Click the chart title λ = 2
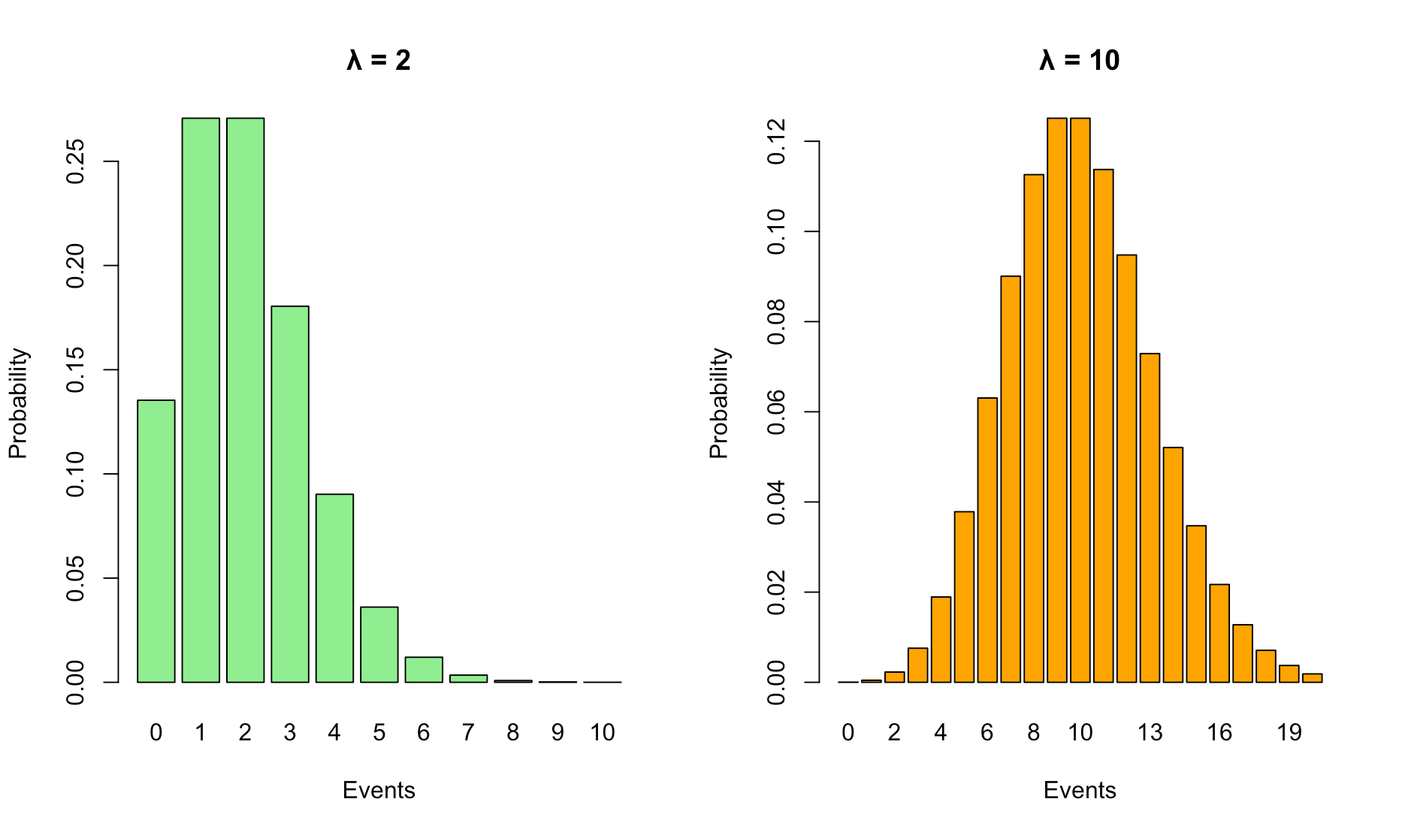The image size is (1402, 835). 379,60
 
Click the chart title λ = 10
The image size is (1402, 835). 1080,60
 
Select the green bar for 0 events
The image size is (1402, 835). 156,541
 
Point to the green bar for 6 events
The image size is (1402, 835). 424,670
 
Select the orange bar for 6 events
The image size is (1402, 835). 987,540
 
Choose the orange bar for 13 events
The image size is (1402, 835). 1150,517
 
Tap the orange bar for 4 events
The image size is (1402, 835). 941,639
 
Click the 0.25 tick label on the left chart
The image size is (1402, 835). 76,161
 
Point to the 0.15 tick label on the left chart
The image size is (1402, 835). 76,369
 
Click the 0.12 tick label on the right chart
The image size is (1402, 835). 777,141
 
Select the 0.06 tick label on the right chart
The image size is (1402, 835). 777,412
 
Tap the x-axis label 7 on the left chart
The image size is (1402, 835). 468,733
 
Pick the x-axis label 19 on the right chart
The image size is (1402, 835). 1289,733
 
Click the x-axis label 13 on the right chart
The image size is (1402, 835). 1150,733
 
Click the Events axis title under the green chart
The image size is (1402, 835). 379,790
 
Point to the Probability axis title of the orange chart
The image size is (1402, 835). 719,402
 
